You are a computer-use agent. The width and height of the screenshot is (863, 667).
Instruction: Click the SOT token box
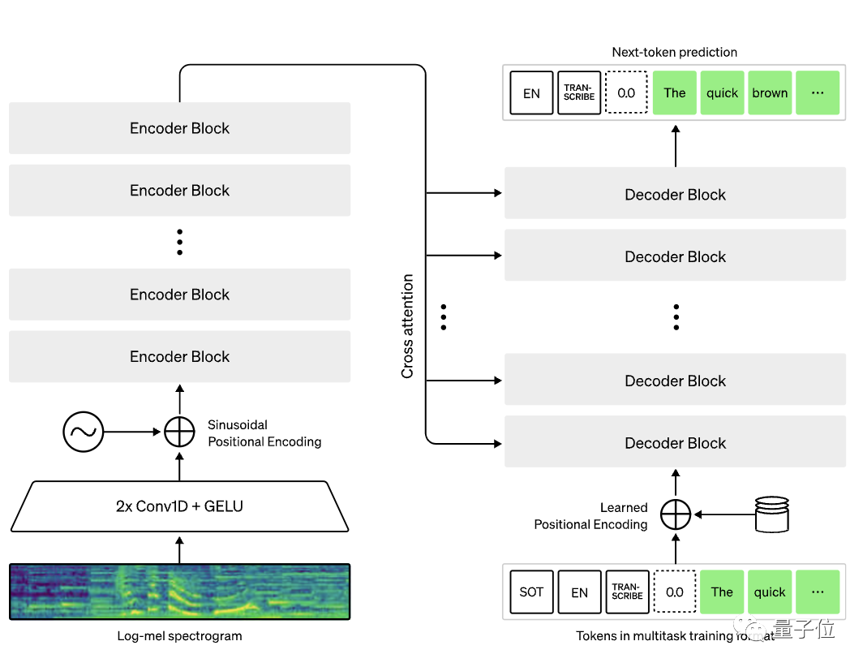tap(531, 592)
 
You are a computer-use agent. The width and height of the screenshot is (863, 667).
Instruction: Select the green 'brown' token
tap(770, 93)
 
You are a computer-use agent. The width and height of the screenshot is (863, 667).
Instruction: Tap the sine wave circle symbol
tap(84, 432)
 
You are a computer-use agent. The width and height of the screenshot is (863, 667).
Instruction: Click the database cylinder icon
tap(771, 514)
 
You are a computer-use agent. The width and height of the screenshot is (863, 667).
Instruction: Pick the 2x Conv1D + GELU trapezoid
tap(179, 506)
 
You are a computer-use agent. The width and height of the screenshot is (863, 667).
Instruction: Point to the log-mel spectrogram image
tap(179, 592)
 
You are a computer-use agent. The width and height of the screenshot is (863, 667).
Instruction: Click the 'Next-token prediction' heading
tap(674, 52)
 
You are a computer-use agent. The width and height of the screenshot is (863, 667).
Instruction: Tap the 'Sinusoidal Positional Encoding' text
tap(264, 433)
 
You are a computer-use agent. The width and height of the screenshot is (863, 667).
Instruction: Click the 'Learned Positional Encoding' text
tap(590, 516)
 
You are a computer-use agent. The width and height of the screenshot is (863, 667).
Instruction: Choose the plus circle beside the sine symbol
tap(179, 432)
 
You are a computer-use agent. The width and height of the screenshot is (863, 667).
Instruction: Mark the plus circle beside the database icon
tap(675, 514)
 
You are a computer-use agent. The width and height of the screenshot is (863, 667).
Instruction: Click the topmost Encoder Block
tap(179, 128)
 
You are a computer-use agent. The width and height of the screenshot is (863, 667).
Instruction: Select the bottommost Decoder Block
tap(675, 443)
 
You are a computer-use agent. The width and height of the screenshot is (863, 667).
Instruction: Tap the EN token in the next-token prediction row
tap(531, 93)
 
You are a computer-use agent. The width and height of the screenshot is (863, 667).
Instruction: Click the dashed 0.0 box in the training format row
tap(675, 592)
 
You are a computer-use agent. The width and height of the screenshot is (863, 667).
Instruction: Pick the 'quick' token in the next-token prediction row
tap(722, 93)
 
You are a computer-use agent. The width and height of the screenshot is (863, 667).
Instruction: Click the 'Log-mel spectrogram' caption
tap(179, 636)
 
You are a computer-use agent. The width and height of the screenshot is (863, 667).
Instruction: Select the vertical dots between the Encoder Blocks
tap(179, 242)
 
